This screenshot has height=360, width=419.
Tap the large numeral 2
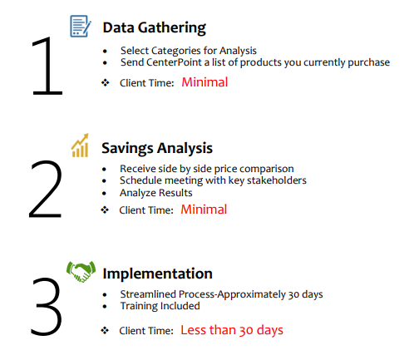(x=45, y=189)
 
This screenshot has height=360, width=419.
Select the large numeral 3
(x=47, y=307)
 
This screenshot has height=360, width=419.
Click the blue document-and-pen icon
(x=81, y=26)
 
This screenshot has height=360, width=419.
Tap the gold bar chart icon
(x=80, y=145)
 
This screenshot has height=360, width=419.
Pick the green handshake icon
(x=81, y=271)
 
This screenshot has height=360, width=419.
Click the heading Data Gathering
(x=154, y=28)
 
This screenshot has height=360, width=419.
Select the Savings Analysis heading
(x=157, y=148)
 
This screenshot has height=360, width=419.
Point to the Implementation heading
(x=157, y=274)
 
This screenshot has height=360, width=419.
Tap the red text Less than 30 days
(x=232, y=330)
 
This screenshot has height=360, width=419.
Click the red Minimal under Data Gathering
(x=205, y=82)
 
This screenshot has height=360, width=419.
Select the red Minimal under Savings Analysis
(x=204, y=210)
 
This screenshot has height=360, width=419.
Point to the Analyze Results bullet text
(x=156, y=193)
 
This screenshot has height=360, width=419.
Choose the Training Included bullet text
(x=160, y=306)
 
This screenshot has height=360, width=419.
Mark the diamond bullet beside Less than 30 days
(x=105, y=330)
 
